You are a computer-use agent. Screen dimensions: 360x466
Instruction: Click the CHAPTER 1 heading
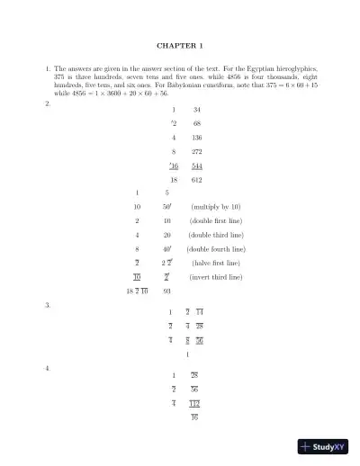(180, 44)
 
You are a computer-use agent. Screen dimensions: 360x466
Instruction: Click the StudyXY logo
(325, 445)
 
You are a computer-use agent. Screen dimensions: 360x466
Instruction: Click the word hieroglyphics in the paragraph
(301, 68)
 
